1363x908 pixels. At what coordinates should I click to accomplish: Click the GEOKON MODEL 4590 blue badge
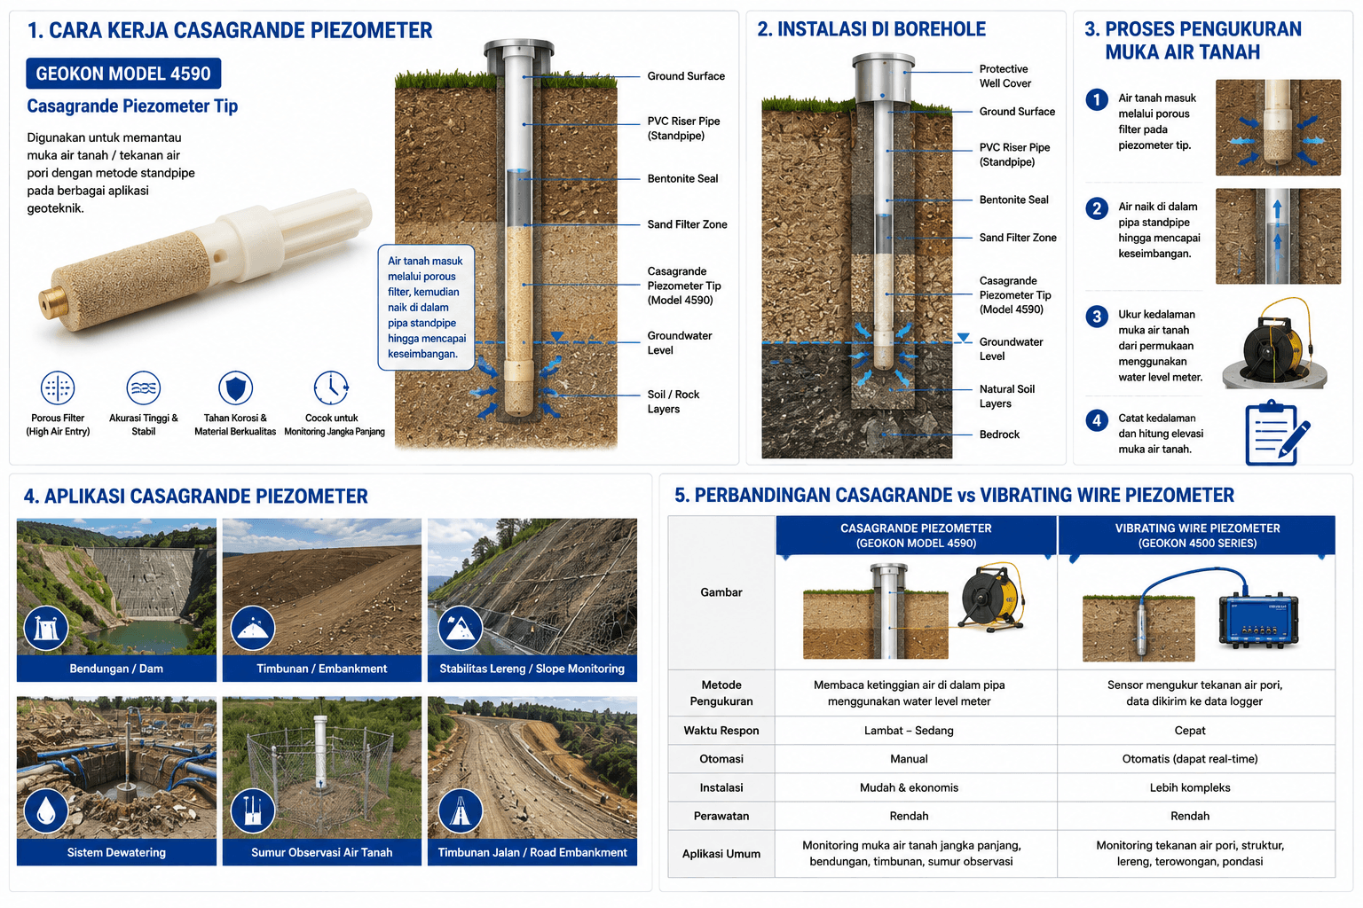point(123,74)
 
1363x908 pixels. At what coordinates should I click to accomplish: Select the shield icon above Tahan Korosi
point(235,387)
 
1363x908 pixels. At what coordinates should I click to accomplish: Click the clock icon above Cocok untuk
point(331,387)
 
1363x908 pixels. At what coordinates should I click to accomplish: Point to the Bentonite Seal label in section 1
point(682,178)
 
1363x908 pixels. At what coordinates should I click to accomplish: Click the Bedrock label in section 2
point(999,434)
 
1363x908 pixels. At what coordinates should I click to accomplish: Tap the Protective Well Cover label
point(1005,76)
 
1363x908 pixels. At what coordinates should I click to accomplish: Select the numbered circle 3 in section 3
point(1097,317)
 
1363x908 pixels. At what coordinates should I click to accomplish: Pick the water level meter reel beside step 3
point(1277,344)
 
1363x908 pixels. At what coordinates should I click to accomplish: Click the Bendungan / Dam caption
point(116,669)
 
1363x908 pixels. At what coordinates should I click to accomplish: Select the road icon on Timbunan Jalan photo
point(460,811)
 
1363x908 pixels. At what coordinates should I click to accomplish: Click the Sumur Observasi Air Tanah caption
point(322,852)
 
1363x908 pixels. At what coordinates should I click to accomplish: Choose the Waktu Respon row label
point(721,730)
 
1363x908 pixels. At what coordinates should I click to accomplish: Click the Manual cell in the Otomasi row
point(909,758)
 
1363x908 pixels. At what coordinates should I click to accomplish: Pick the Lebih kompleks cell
point(1190,787)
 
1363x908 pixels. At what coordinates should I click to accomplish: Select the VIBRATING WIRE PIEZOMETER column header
point(1197,536)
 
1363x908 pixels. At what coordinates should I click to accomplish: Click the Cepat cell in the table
point(1190,730)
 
